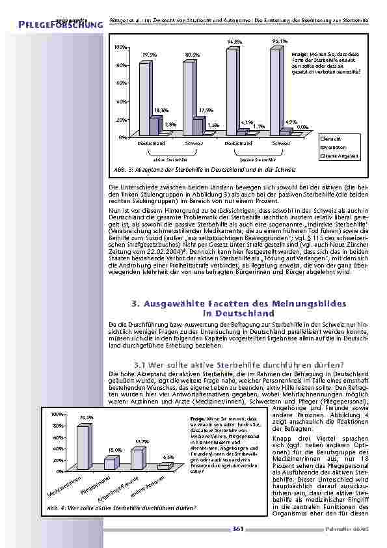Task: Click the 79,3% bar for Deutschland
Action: pos(144,98)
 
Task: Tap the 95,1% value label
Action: pos(275,42)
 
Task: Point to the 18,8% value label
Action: pos(162,111)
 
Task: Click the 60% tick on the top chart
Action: pos(121,83)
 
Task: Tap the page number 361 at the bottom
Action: pos(237,531)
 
